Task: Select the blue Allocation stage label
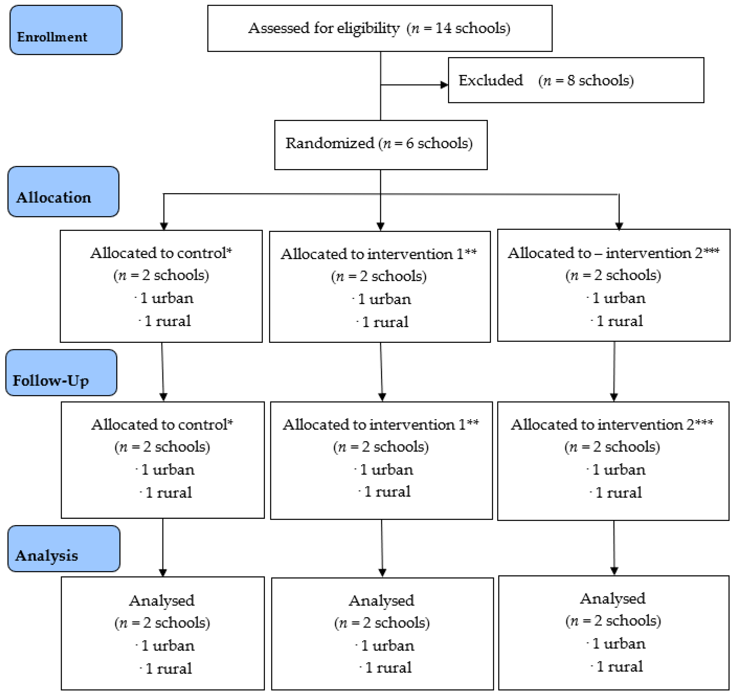(63, 192)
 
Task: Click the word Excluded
(491, 80)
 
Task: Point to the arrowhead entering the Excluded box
(444, 85)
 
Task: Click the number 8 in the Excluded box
(571, 80)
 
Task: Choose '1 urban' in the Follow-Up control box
(168, 470)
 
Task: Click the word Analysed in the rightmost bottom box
(613, 598)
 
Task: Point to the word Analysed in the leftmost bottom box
(162, 600)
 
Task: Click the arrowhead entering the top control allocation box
(164, 226)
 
